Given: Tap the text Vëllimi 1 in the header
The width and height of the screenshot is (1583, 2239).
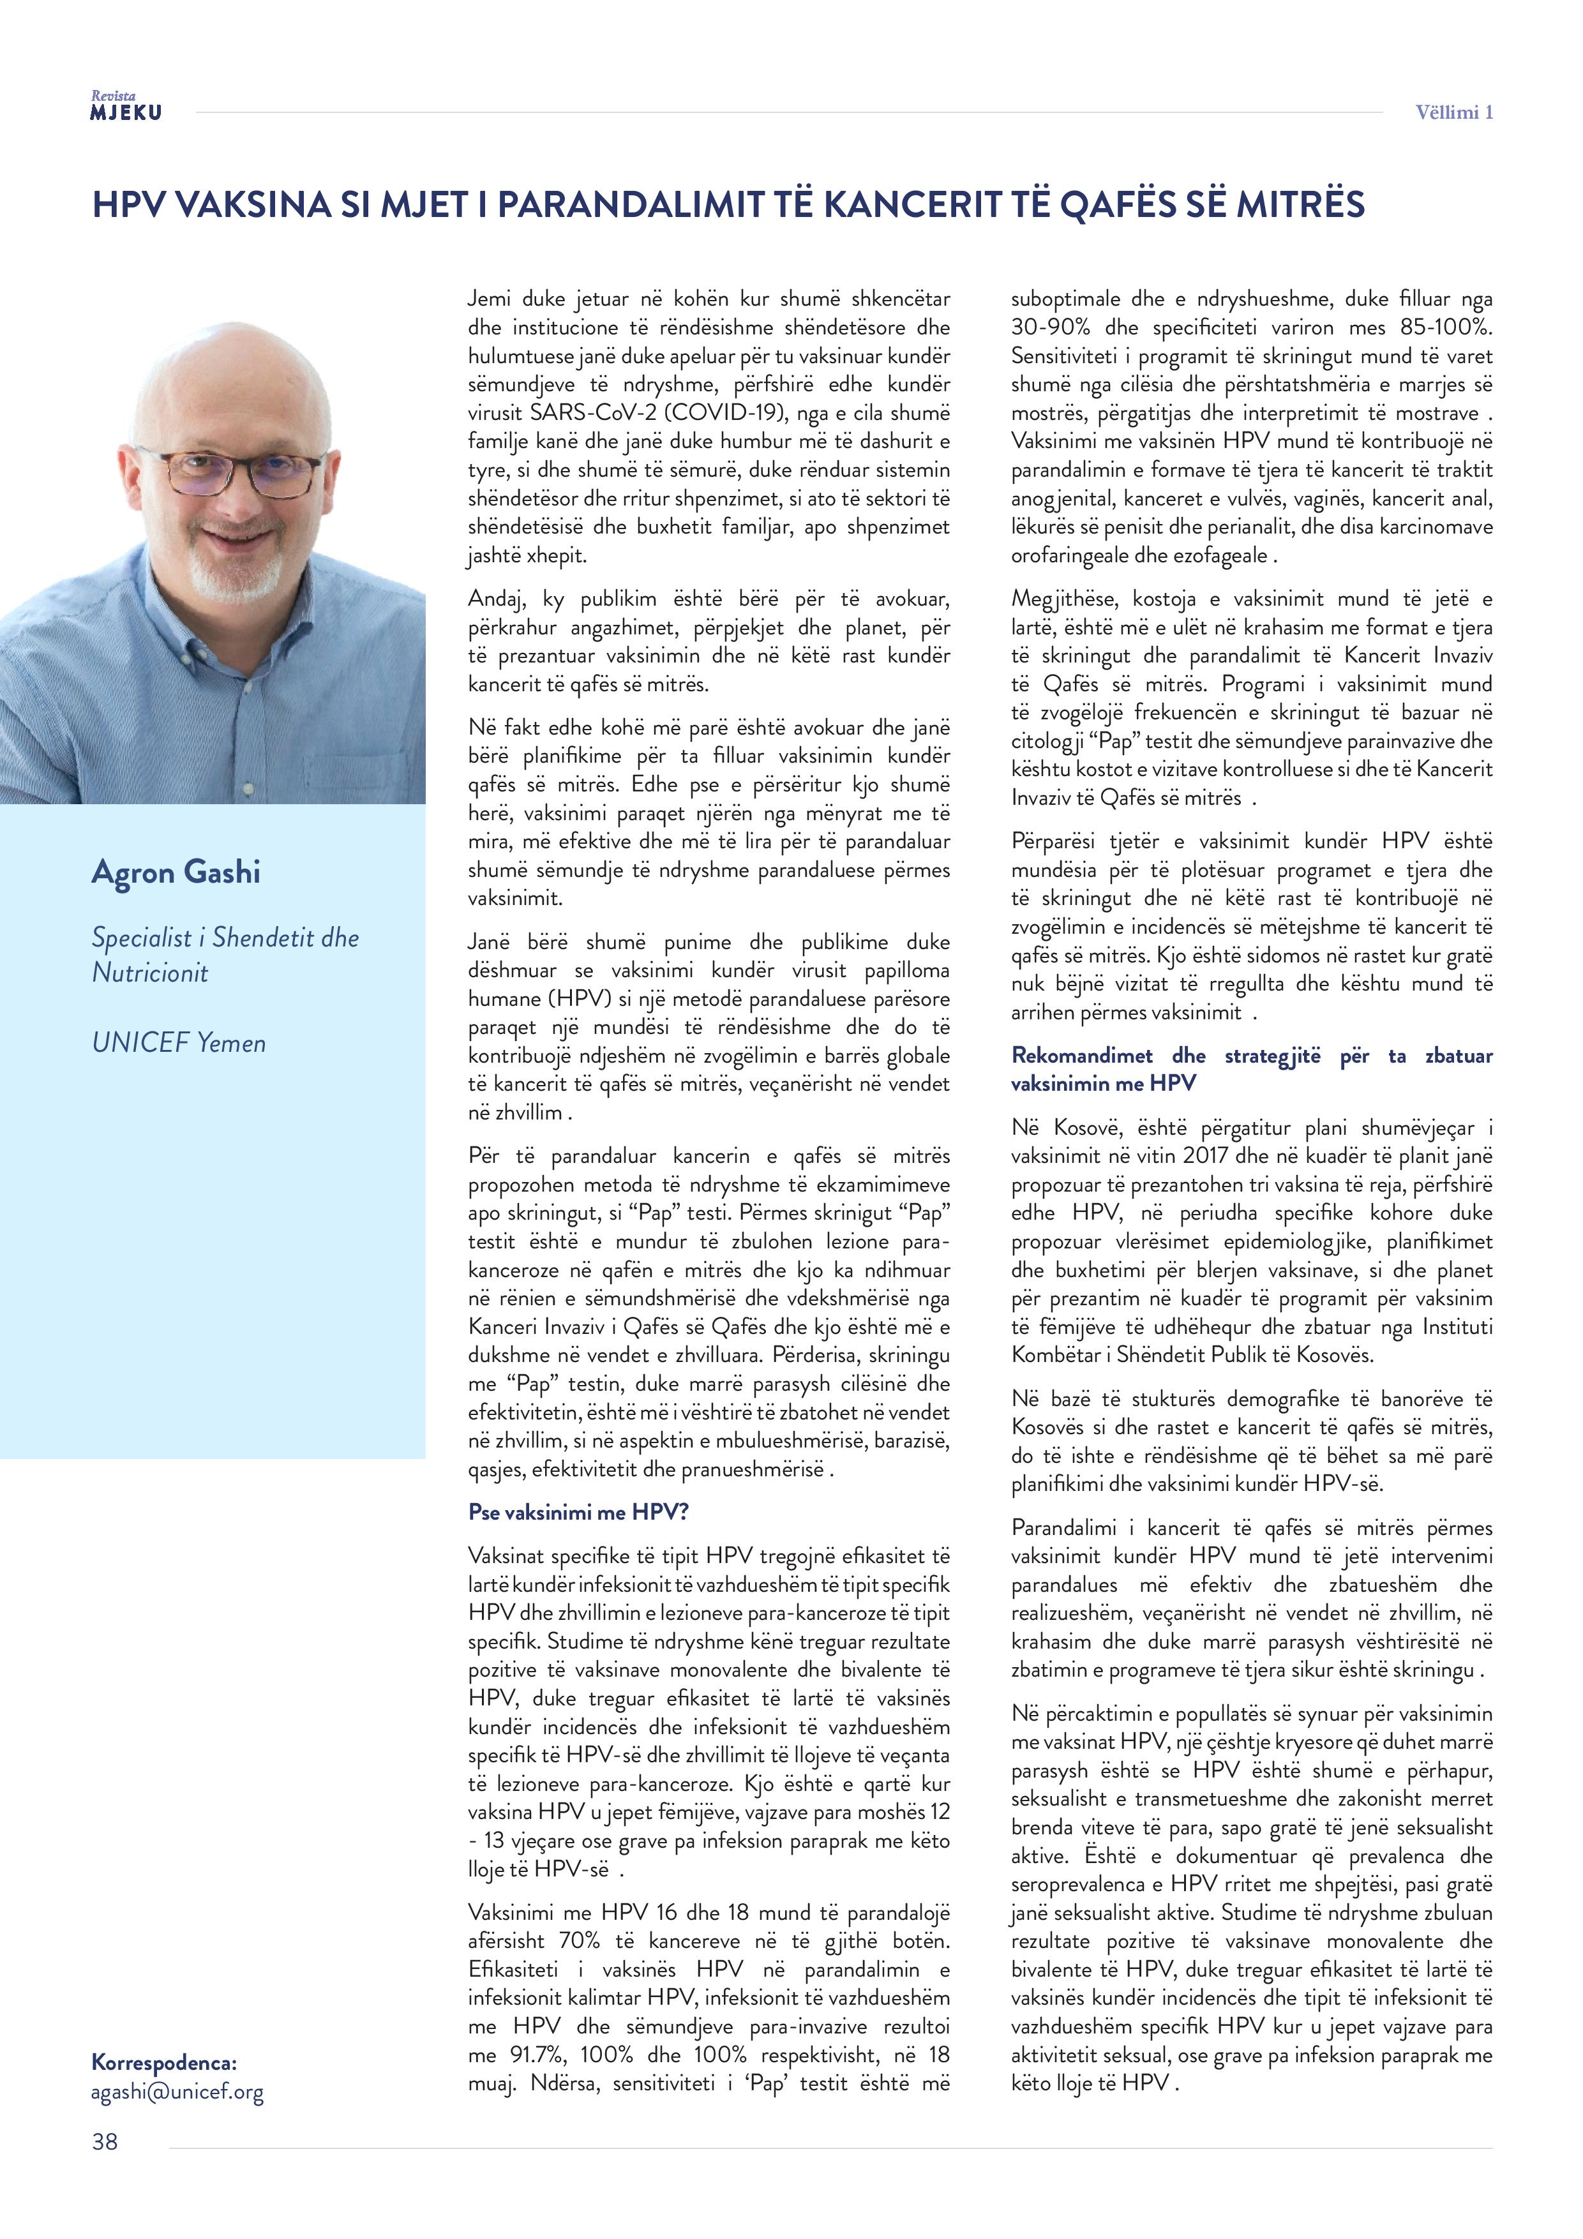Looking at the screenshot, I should click(1453, 112).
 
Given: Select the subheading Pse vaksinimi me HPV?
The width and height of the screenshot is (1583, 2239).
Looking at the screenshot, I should click(578, 1513).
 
